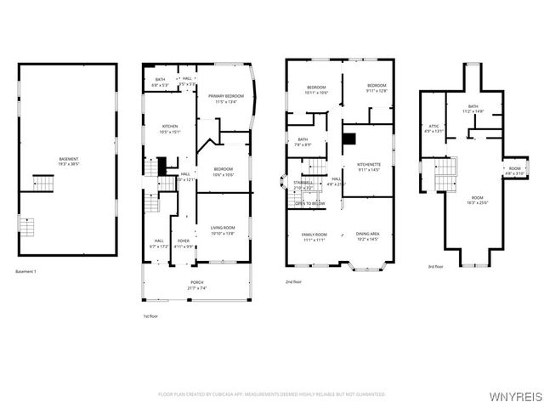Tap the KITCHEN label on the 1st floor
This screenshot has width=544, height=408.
point(170,128)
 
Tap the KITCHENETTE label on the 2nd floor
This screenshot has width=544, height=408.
point(368,167)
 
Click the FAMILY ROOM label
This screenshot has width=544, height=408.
point(314,236)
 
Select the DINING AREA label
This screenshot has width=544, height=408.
point(367,236)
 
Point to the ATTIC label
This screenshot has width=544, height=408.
point(433,128)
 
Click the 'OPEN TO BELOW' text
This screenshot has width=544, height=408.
point(309,204)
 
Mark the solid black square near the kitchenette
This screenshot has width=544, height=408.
point(348,139)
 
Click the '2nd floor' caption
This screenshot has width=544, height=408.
point(294,282)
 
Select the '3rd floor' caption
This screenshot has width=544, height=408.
point(435,267)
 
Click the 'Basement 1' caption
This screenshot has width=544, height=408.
point(26,272)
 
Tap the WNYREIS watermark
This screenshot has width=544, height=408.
point(515,395)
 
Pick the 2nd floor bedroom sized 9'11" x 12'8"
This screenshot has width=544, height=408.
point(377,88)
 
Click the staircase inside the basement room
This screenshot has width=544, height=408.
point(42,182)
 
